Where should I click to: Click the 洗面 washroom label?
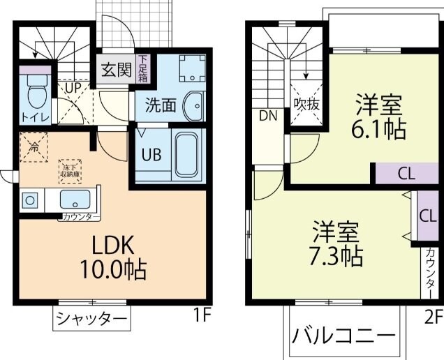(160, 106)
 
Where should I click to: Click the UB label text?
(151, 155)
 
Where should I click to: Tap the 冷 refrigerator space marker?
(33, 147)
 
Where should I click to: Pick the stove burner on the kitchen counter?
(30, 201)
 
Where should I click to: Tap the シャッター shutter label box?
(91, 320)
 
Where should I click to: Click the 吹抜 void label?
(306, 105)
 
